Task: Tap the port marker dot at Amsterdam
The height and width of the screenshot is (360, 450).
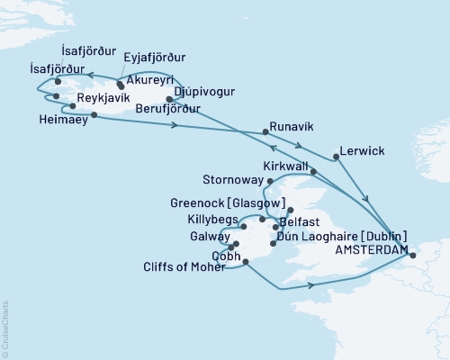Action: (412, 256)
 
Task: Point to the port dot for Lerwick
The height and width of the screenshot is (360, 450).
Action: (335, 157)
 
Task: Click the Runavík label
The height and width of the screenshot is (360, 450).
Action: (292, 128)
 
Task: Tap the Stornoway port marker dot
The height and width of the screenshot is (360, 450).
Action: (271, 181)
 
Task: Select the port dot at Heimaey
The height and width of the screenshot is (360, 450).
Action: (94, 114)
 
